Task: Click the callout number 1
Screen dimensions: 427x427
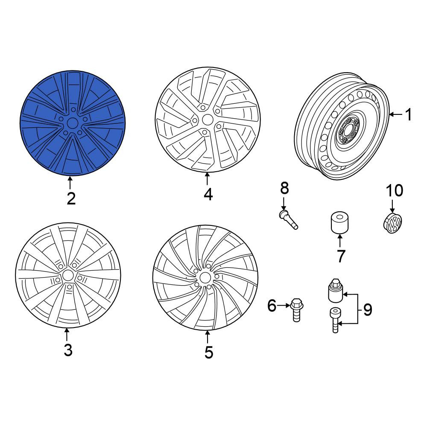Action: tap(409, 114)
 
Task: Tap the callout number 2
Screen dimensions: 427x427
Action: tap(71, 199)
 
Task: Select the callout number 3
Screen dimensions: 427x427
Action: tap(68, 350)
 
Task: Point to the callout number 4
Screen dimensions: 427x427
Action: tap(208, 194)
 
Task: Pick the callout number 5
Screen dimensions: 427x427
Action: tap(209, 352)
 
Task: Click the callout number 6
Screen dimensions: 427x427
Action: tap(272, 306)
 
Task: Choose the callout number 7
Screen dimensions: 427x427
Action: tap(341, 256)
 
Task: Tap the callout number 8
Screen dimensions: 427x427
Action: tap(284, 188)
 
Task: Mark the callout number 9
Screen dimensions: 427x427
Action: tap(367, 310)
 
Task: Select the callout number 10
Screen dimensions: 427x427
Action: tap(395, 190)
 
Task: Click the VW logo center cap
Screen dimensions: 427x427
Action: tap(393, 223)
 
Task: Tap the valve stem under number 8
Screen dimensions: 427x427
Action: tap(289, 219)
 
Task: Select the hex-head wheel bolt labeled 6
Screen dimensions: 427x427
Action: tap(296, 310)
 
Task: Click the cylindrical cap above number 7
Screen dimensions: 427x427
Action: tap(339, 222)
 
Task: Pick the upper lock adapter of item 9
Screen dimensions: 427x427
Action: tap(335, 290)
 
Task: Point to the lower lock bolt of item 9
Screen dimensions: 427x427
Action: tap(335, 320)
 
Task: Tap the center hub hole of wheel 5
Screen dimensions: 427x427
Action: tap(205, 278)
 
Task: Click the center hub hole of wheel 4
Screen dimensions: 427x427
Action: tap(207, 120)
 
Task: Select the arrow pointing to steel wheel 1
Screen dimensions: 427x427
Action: tap(396, 115)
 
